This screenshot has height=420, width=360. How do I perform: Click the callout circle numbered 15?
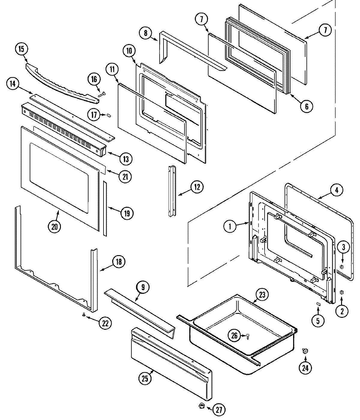click(21, 49)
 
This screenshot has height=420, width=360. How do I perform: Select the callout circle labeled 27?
click(219, 410)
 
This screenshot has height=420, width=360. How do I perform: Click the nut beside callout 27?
click(202, 406)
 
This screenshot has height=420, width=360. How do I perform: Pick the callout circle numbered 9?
click(143, 287)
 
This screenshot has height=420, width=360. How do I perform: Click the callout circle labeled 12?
click(197, 187)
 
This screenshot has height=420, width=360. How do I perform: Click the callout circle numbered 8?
click(145, 33)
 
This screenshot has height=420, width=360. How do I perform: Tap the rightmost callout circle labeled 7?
click(326, 30)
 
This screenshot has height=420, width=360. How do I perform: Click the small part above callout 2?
click(341, 292)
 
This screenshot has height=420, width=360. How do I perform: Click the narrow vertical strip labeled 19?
click(105, 207)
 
